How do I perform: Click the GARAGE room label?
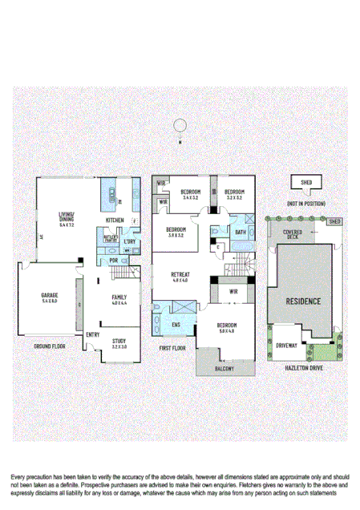click(49, 296)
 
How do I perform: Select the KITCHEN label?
click(115, 220)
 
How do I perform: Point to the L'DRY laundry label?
click(128, 241)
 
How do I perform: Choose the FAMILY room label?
click(119, 297)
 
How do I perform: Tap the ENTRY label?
click(92, 334)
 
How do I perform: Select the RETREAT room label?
click(180, 275)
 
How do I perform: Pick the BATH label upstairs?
click(240, 233)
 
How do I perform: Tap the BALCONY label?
click(224, 368)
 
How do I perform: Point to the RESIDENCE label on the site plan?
click(304, 302)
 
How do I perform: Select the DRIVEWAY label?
click(287, 345)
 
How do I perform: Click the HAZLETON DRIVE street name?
click(305, 367)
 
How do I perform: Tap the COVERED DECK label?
click(292, 234)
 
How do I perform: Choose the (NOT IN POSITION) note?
click(305, 204)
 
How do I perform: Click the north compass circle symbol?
click(180, 125)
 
